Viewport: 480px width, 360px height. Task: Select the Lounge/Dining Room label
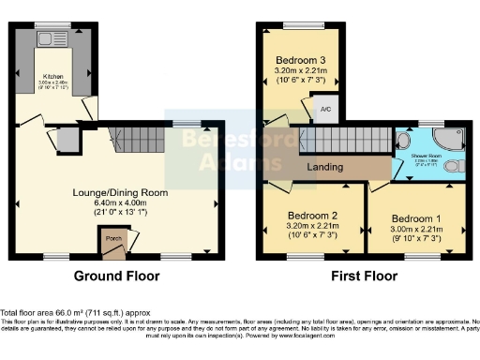click(x=120, y=192)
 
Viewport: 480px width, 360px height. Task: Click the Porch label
click(x=114, y=238)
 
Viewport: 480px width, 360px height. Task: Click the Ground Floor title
click(x=117, y=277)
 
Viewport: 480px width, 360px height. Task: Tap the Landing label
click(x=324, y=168)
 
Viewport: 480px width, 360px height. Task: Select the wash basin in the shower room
click(x=403, y=142)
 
